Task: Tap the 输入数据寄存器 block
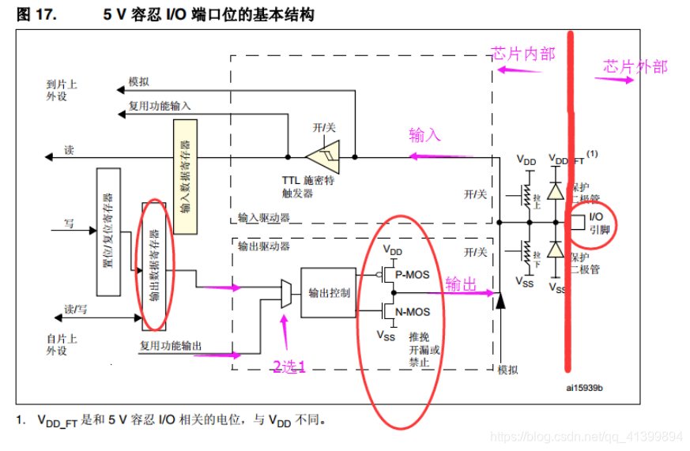coord(184,177)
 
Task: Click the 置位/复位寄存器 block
coord(107,231)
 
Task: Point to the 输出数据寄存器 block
coord(154,265)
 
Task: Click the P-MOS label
coord(413,274)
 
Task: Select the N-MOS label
coord(413,312)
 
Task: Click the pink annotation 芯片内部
coord(523,54)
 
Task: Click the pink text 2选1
coord(288,366)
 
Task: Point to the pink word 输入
coord(424,135)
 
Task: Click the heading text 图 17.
coord(36,14)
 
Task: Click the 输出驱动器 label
coord(264,246)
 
